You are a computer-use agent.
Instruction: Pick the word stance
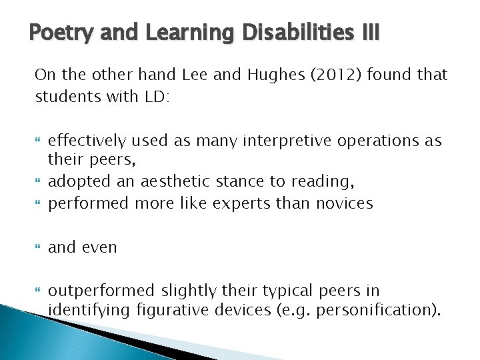tap(235, 182)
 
